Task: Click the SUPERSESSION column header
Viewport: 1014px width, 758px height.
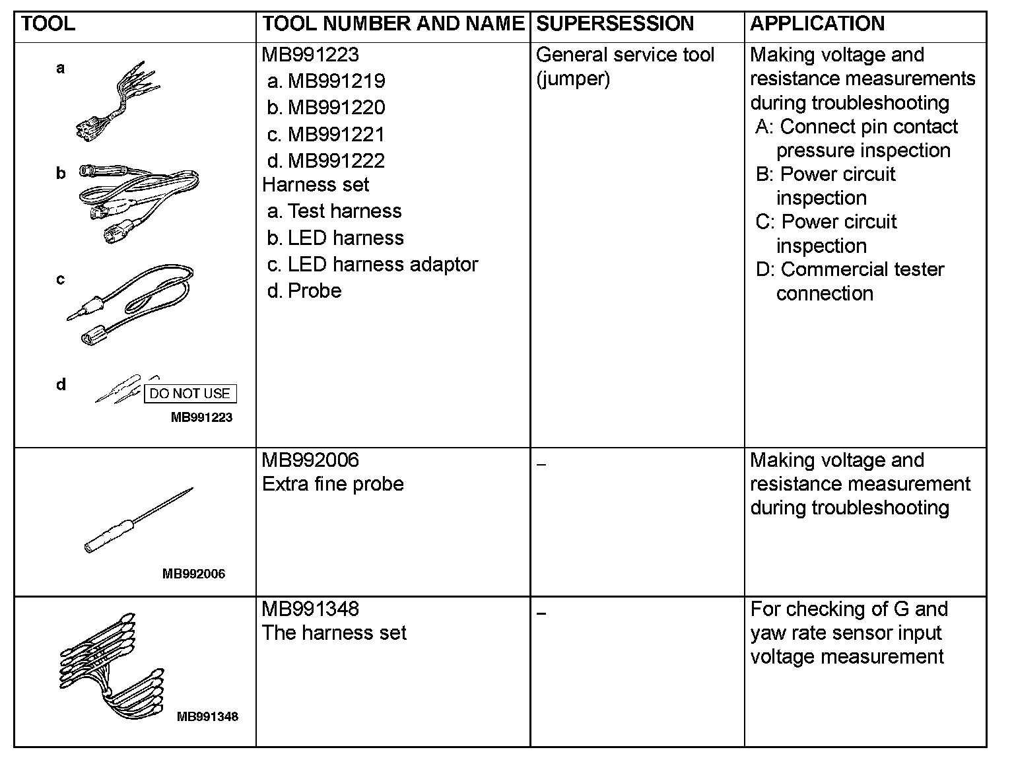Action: [x=615, y=24]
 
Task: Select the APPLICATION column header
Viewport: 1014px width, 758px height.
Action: [x=817, y=24]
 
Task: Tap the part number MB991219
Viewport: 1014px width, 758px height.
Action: [x=336, y=81]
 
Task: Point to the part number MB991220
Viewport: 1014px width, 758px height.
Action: [x=336, y=108]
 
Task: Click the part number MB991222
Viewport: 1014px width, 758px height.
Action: [x=336, y=161]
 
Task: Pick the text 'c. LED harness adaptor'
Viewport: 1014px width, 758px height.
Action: [x=372, y=265]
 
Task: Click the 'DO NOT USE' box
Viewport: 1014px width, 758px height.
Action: [x=189, y=394]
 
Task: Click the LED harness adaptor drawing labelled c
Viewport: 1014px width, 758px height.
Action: [x=132, y=304]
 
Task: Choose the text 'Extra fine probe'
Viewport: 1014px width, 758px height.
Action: [x=333, y=485]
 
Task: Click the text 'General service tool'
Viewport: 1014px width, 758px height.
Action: [x=625, y=55]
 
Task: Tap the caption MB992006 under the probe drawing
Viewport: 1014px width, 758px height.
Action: [x=193, y=574]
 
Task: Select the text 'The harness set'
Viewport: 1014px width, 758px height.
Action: [x=334, y=633]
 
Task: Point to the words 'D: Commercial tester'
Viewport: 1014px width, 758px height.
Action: [x=850, y=270]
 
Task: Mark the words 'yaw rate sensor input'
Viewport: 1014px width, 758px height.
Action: [x=846, y=633]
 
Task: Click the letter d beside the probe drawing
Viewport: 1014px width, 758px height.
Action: [x=61, y=385]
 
